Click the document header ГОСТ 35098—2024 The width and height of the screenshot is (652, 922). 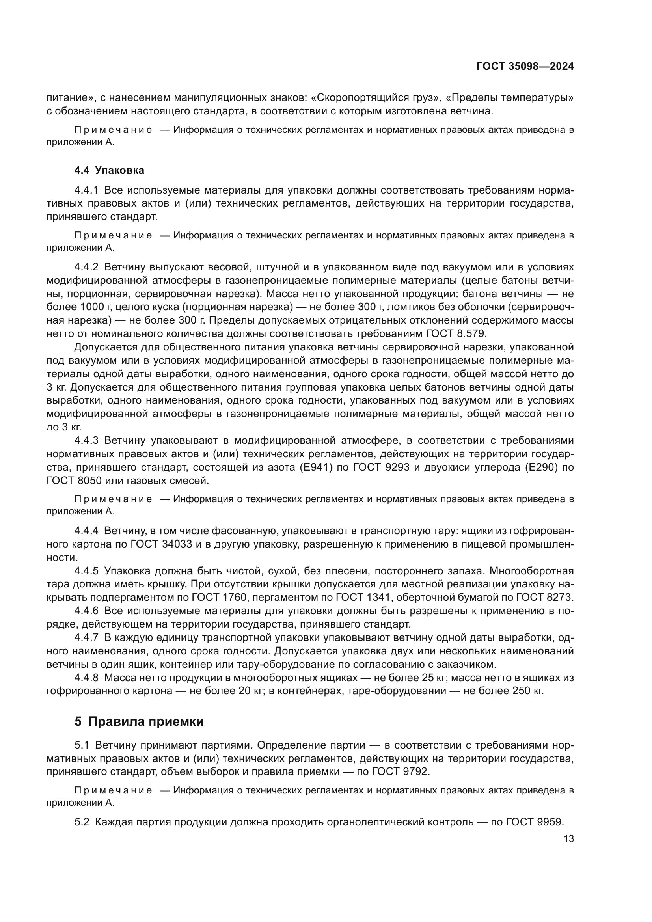point(525,67)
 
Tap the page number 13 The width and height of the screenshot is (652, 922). point(568,839)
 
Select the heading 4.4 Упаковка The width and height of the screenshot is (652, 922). point(109,170)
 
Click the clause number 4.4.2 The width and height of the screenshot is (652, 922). point(86,267)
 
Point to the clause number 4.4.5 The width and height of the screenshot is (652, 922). point(86,571)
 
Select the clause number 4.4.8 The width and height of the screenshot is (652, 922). point(86,678)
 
